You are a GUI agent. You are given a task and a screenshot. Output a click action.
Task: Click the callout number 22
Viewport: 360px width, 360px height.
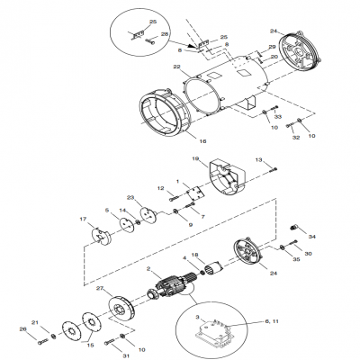click(178, 67)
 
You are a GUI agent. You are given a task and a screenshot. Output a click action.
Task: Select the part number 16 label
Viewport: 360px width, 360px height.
click(202, 142)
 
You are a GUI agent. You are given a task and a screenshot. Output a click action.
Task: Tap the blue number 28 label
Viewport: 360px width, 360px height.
click(164, 33)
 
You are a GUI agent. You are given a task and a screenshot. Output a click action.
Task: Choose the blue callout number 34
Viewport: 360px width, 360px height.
click(312, 237)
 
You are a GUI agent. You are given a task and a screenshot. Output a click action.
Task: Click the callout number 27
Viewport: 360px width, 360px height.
click(100, 289)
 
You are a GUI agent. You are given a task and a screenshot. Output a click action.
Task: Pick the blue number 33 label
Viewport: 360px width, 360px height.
click(277, 117)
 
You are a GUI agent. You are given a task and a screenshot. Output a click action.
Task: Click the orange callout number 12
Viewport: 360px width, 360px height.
click(161, 188)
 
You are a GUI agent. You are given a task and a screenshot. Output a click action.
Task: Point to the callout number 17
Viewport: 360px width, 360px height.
click(85, 220)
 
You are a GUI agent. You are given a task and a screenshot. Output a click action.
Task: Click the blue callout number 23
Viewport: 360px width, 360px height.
click(130, 197)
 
